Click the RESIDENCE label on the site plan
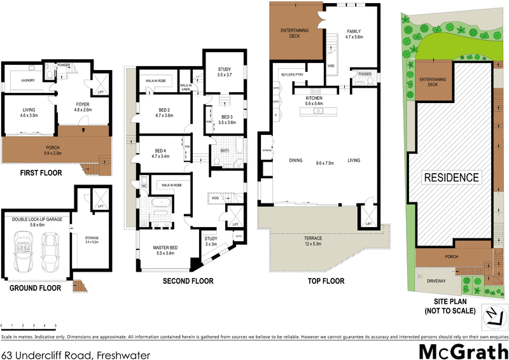pos(452,177)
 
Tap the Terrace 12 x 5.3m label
pos(313,240)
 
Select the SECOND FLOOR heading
pos(188,280)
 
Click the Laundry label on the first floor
pos(27,80)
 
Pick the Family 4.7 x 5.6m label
pos(354,34)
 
